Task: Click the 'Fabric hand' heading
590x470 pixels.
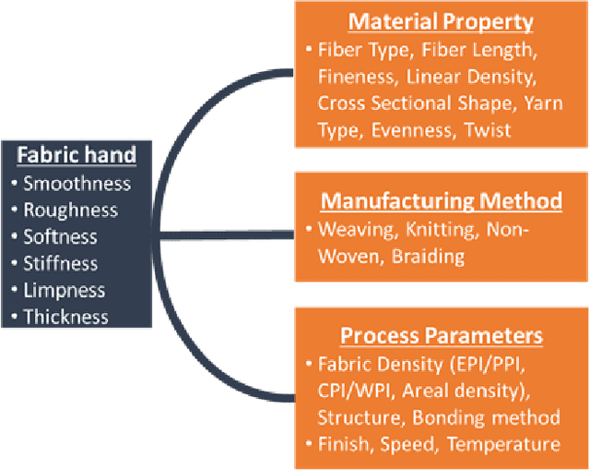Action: tap(79, 155)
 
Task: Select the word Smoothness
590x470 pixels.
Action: tap(77, 183)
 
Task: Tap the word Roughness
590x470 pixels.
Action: tap(71, 210)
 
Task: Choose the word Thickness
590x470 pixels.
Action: tap(68, 317)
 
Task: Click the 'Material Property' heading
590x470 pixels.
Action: tap(441, 22)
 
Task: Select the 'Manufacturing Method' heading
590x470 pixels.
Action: tap(441, 200)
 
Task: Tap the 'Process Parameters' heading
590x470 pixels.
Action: tap(441, 334)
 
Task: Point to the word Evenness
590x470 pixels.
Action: tap(413, 130)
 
